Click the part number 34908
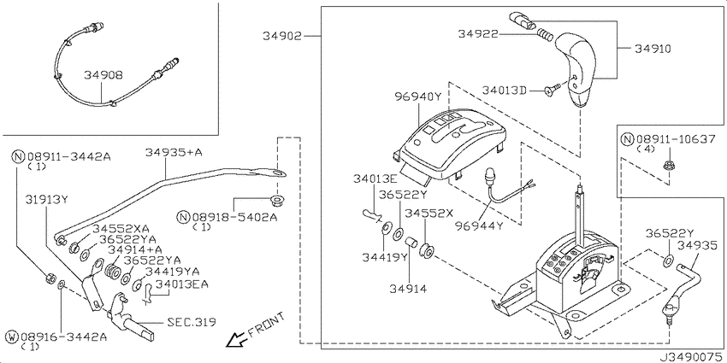pos(103,75)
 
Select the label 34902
pos(282,36)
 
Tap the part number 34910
pos(653,48)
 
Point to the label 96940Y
pos(418,97)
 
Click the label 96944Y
pos(478,226)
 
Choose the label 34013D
pos(504,90)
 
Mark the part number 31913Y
pos(47,200)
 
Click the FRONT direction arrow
pos(235,339)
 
